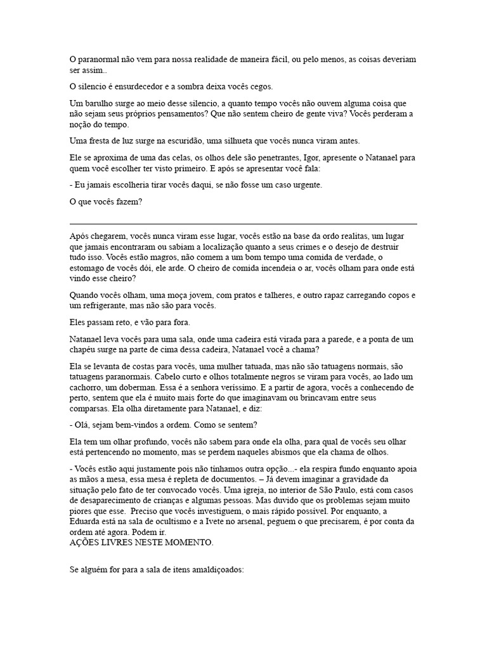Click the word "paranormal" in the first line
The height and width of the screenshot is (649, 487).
click(x=96, y=59)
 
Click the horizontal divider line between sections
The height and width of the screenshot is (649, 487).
click(x=243, y=223)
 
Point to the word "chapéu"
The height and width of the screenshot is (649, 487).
click(x=85, y=349)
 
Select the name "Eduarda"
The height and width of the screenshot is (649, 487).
click(x=87, y=522)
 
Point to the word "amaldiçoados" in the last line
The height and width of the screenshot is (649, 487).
click(x=216, y=570)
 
